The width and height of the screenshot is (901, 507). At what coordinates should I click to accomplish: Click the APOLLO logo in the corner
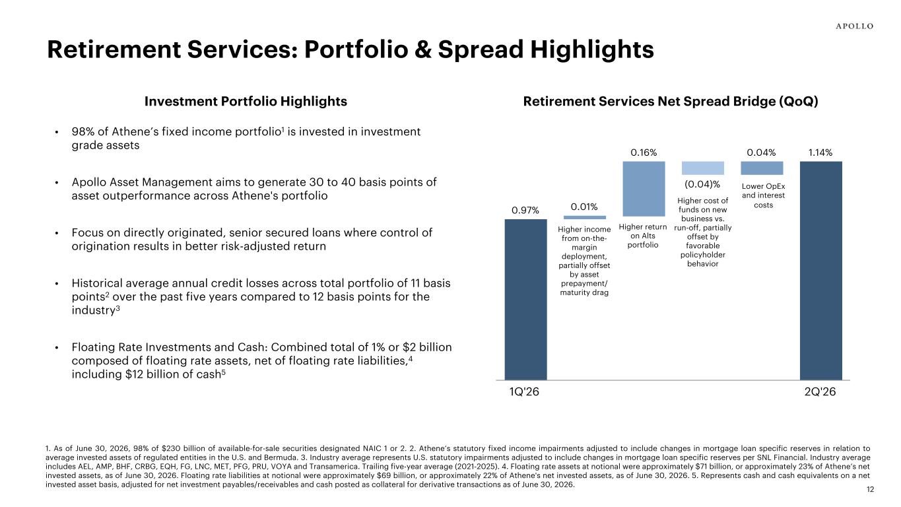coord(854,26)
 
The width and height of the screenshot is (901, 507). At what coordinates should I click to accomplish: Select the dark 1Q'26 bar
coord(525,299)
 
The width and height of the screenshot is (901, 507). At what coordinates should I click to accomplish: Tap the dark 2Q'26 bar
coord(820,271)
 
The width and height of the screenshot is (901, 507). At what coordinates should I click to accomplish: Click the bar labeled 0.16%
coord(644,189)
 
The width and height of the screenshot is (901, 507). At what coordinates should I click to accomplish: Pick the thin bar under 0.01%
coord(584,218)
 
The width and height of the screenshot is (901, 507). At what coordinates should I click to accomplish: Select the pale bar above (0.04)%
coord(703,168)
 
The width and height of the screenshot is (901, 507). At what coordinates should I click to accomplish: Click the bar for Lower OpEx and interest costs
coord(762,168)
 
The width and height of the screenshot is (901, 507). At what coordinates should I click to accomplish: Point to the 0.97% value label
coord(525,211)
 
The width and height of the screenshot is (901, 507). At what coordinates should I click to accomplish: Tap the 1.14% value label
coord(820,152)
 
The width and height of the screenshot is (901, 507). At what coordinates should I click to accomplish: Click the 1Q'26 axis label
coord(524,391)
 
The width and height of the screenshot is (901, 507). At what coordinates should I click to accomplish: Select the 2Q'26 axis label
coord(820,391)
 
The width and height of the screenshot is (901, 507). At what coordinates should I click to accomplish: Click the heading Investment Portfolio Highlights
coord(246,102)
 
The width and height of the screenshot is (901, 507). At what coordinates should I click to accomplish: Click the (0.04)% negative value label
coord(702,185)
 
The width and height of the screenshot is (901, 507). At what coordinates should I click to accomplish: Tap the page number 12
coord(870,489)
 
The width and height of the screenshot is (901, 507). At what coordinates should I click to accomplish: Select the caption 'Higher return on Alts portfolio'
coord(643,236)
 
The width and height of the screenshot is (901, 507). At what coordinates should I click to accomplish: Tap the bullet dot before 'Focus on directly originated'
coord(57,234)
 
